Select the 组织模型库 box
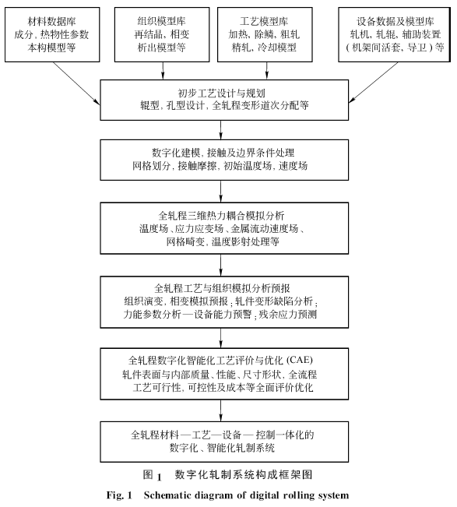[x=163, y=35]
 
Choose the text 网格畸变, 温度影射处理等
[x=220, y=242]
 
